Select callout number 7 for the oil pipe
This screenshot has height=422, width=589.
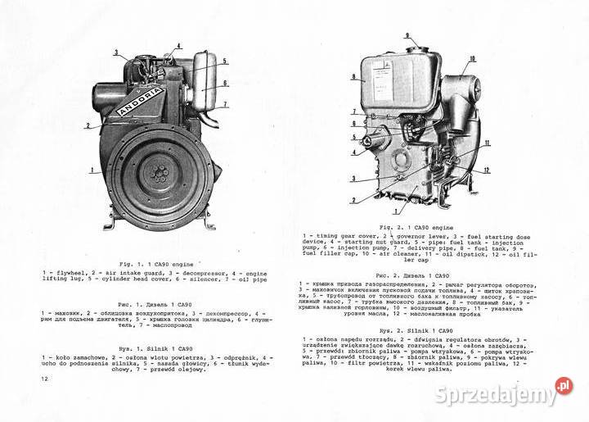click(x=225, y=105)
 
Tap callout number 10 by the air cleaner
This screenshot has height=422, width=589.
click(x=472, y=59)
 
